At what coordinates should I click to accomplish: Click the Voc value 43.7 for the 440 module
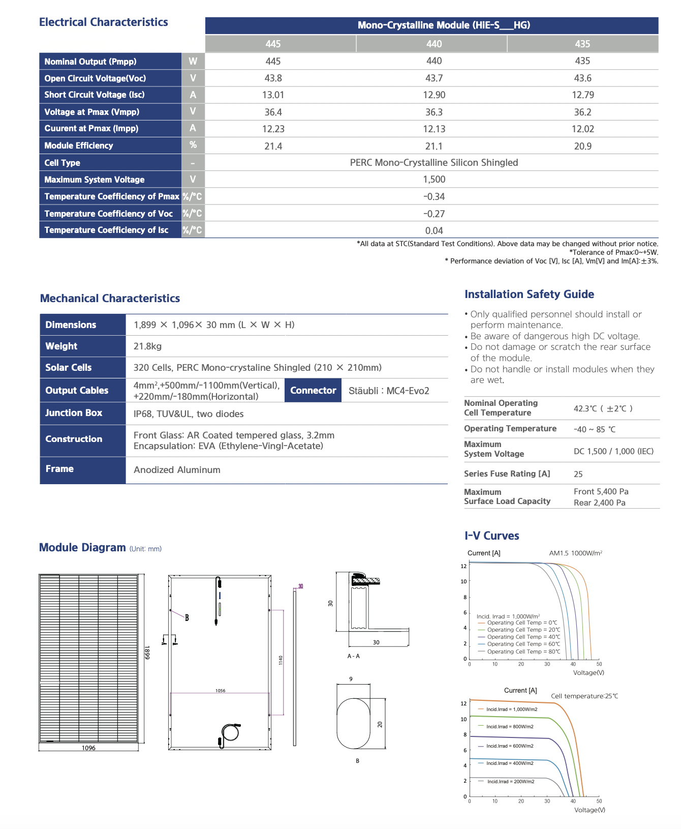434,78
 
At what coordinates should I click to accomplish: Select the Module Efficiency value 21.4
273,146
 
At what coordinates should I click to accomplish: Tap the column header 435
582,44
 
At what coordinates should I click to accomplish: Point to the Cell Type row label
62,163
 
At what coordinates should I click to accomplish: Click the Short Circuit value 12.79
582,95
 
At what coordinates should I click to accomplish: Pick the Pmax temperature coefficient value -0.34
434,196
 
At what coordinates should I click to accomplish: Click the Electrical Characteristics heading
103,22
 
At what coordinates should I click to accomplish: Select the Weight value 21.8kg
147,346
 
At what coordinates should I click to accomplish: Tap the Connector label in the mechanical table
313,391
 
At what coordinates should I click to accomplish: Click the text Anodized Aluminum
177,470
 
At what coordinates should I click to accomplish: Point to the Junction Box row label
74,413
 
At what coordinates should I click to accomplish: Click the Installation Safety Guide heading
529,294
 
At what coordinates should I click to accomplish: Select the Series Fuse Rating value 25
578,474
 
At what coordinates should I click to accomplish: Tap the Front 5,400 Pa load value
601,492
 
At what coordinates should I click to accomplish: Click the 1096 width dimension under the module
88,748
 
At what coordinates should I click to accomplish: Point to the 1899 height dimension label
147,653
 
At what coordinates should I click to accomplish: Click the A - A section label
354,656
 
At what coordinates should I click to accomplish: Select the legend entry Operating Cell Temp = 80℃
523,652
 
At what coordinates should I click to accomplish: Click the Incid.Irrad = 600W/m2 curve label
510,746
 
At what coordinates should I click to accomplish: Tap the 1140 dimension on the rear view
280,660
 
